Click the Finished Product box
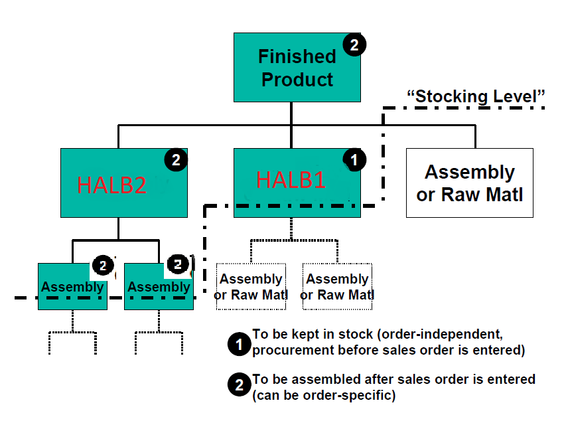pos(297,68)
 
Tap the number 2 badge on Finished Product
pos(354,44)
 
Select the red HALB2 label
pos(112,185)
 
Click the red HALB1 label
pos(291,179)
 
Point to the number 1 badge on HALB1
pos(354,160)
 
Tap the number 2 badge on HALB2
pos(176,160)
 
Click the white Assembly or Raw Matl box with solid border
pos(470,183)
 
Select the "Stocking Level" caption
pos(476,96)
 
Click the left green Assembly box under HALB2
pos(72,287)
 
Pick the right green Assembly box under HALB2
pos(159,287)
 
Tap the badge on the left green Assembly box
pos(103,266)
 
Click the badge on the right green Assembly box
pos(178,264)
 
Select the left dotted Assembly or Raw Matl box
pos(251,287)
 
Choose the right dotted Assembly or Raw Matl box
pos(338,287)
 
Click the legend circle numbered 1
pos(239,344)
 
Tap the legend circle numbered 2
pos(239,384)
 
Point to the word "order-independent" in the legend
pos(440,334)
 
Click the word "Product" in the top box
pos(297,80)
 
